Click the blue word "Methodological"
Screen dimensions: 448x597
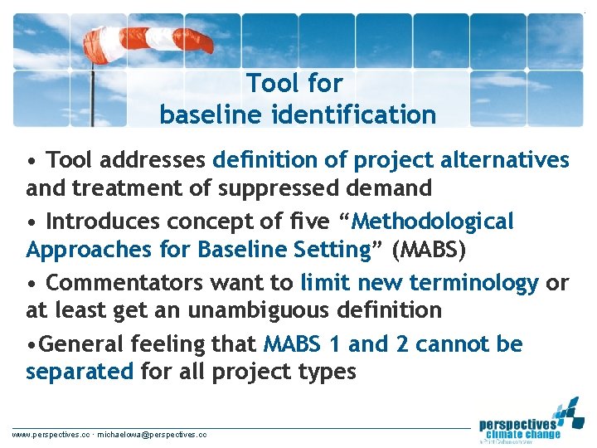[x=434, y=222]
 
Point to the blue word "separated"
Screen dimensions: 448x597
[x=80, y=371]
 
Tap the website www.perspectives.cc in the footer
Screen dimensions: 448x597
[x=50, y=434]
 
